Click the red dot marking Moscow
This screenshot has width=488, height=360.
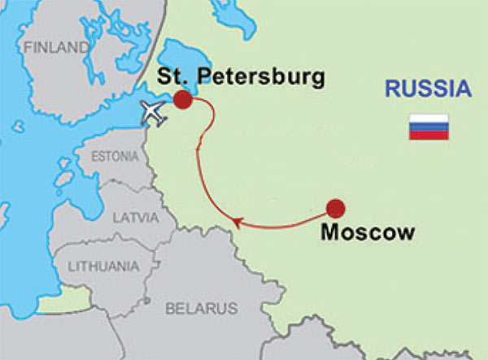click(x=336, y=207)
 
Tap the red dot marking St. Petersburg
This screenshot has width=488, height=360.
click(x=183, y=99)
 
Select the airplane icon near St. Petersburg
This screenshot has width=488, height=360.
click(x=153, y=113)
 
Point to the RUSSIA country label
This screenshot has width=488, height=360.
click(x=429, y=89)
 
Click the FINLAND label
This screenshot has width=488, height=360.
click(x=56, y=48)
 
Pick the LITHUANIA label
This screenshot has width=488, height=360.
click(x=102, y=266)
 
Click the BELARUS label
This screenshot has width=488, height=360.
click(x=201, y=309)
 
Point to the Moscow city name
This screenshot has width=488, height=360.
click(x=368, y=232)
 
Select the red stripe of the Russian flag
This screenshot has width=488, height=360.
click(x=429, y=135)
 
